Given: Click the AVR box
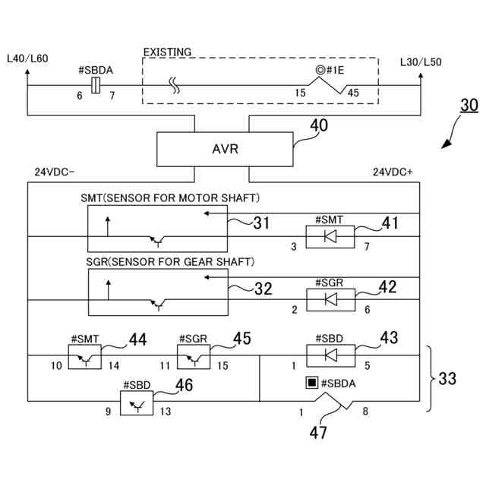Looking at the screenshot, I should pos(225,149).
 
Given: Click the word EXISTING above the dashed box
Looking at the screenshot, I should pos(167,52).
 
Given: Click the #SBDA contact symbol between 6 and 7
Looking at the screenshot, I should pos(95,86).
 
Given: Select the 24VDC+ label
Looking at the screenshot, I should pos(393,172).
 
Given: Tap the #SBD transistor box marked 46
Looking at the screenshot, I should pos(137,402).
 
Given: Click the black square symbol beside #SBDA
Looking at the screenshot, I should pos(311,383).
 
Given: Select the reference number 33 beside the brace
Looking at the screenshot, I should pos(448,378).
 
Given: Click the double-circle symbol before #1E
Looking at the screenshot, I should pos(322,70).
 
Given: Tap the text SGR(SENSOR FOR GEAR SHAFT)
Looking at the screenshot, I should pos(169,261).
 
